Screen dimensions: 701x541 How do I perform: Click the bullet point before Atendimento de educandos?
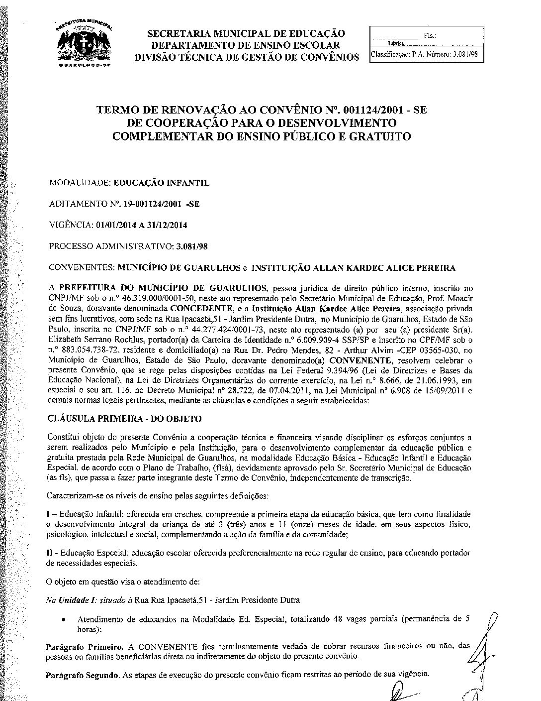[x=63, y=620]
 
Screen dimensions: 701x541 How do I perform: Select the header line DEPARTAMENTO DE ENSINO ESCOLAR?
[x=247, y=45]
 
